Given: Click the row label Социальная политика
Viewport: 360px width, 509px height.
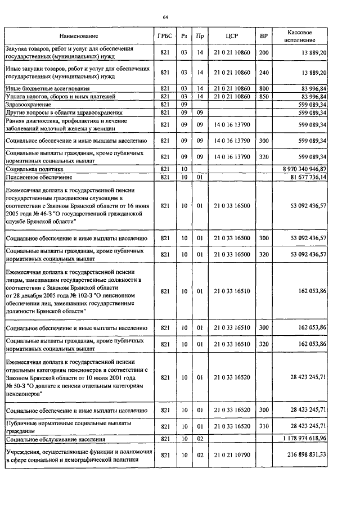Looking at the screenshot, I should click(35, 168).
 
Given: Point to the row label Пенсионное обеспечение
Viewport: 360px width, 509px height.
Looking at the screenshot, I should click(38, 177).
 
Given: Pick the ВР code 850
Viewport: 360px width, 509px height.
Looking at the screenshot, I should click(263, 96).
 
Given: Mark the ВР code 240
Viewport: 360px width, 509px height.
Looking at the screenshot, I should click(263, 72).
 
